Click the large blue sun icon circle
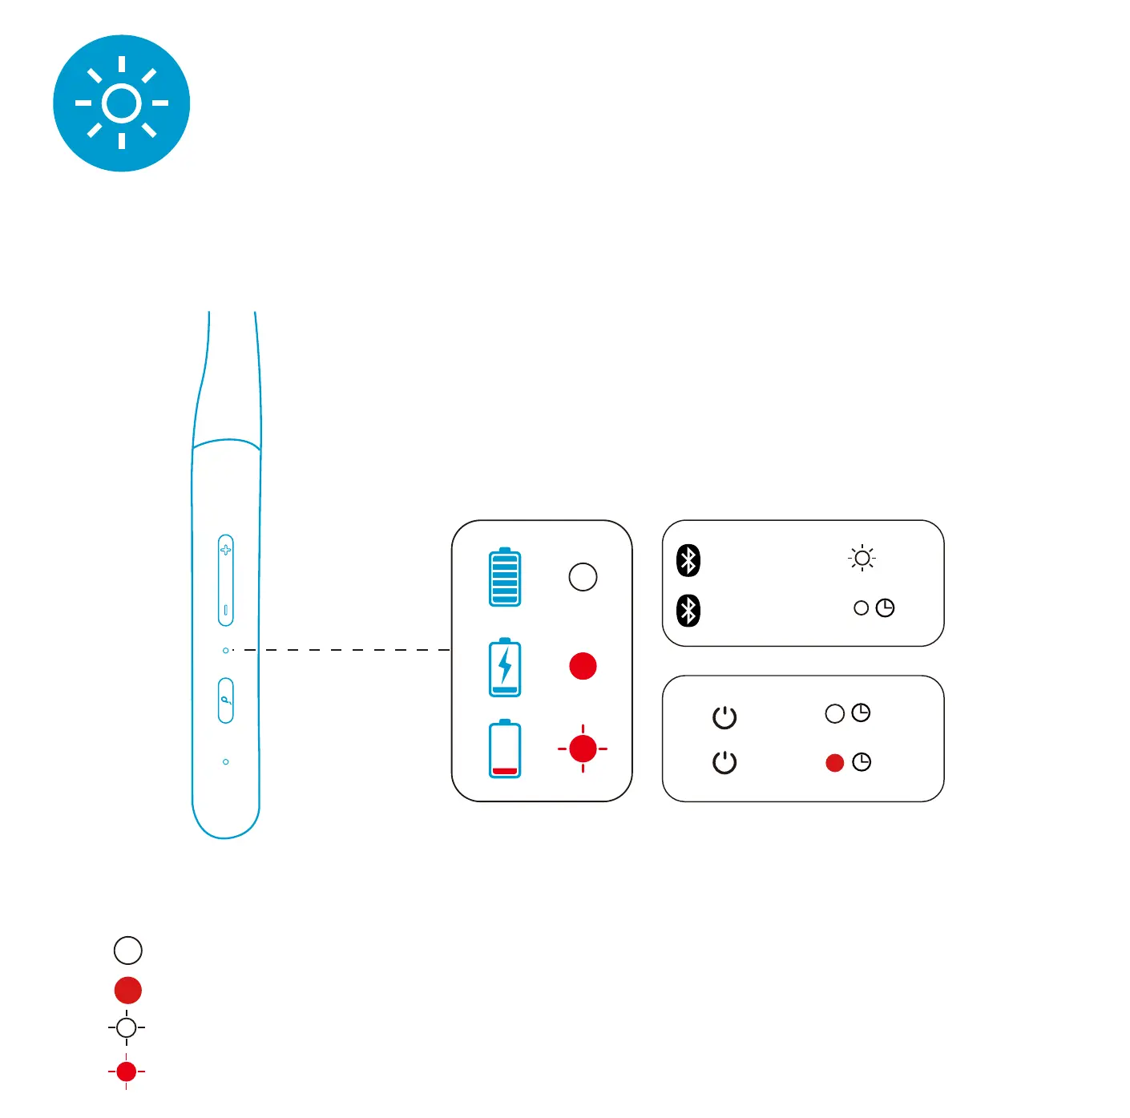122,103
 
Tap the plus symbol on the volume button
226,550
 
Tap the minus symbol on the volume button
226,611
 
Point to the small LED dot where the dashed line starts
226,650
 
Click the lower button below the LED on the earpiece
226,700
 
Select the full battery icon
505,577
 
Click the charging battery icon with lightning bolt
505,667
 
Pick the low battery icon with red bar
505,749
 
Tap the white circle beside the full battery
583,577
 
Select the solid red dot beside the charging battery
583,666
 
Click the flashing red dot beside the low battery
583,749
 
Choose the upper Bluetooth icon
688,560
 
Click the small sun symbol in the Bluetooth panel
862,558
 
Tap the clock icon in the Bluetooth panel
885,608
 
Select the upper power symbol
724,717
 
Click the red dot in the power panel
835,763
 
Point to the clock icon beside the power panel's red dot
862,762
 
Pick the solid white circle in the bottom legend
128,951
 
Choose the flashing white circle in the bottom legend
127,1027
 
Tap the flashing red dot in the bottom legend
127,1072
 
